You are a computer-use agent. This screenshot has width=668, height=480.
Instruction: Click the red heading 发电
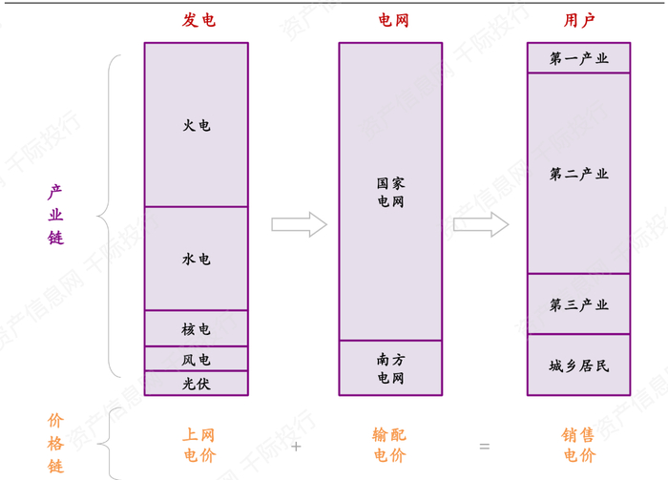pyautogui.click(x=198, y=20)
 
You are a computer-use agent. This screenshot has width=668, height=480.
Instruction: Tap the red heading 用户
pyautogui.click(x=579, y=20)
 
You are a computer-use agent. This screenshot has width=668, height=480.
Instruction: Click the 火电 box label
pyautogui.click(x=197, y=125)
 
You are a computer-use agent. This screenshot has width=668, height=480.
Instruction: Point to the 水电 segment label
pyautogui.click(x=197, y=259)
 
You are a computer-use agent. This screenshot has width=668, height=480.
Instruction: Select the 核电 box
pyautogui.click(x=197, y=328)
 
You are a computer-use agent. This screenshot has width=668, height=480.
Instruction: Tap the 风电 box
pyautogui.click(x=197, y=359)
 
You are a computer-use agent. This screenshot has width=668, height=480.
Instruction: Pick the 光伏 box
pyautogui.click(x=197, y=384)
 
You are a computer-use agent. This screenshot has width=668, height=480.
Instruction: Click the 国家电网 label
pyautogui.click(x=391, y=192)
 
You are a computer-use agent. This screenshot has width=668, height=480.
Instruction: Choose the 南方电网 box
pyautogui.click(x=391, y=368)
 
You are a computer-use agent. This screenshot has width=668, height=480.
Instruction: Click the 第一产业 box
pyautogui.click(x=579, y=58)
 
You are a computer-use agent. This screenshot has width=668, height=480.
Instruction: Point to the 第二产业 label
pyautogui.click(x=579, y=174)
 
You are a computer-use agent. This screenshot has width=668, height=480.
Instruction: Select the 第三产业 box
pyautogui.click(x=579, y=304)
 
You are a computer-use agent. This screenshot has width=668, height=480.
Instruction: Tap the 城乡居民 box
pyautogui.click(x=579, y=365)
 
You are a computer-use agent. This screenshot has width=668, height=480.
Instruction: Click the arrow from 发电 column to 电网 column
pyautogui.click(x=299, y=225)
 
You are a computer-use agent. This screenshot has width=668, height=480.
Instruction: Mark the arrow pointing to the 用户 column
pyautogui.click(x=481, y=225)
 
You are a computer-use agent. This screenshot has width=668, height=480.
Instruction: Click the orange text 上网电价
pyautogui.click(x=198, y=445)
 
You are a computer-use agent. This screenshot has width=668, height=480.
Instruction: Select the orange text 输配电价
pyautogui.click(x=389, y=445)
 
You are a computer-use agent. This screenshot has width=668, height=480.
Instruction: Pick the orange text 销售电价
pyautogui.click(x=579, y=445)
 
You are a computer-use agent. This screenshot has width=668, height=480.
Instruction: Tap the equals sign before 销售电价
pyautogui.click(x=485, y=447)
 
